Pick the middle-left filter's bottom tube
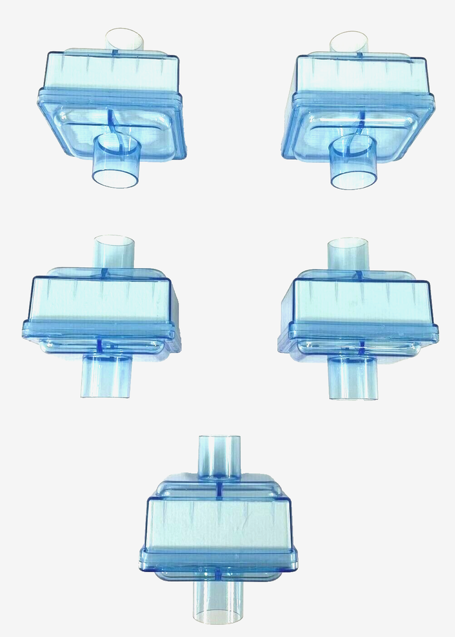point(105,376)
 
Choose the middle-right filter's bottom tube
point(354,378)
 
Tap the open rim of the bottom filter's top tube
point(220,439)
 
